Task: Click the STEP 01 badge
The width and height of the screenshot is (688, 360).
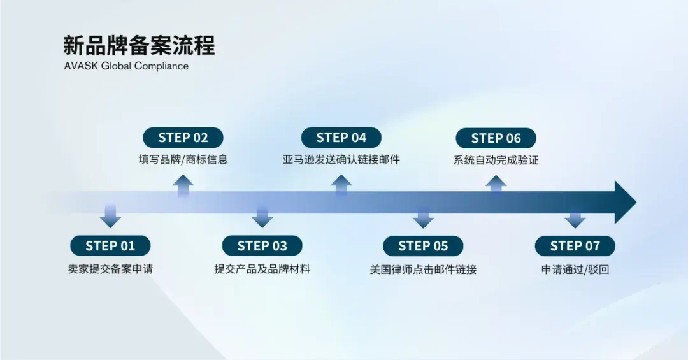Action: click(110, 246)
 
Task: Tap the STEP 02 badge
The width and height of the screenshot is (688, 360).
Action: click(183, 138)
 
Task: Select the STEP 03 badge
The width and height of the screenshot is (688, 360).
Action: click(262, 246)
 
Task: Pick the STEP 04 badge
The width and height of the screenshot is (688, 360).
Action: click(341, 138)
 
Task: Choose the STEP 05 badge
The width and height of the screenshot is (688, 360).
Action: click(423, 246)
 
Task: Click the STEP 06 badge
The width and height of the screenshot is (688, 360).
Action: click(496, 138)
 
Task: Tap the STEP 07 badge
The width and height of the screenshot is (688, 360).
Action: click(575, 246)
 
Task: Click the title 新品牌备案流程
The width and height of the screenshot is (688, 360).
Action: click(139, 46)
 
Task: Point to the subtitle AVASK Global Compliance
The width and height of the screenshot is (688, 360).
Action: click(126, 66)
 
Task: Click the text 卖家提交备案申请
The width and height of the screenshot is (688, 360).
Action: click(110, 269)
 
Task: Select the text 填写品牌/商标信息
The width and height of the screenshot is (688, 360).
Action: click(183, 159)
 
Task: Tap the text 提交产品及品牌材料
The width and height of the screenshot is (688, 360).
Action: click(262, 269)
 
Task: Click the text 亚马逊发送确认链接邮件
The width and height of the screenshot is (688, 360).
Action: click(341, 159)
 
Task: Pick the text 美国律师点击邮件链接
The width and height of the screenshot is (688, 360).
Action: click(423, 269)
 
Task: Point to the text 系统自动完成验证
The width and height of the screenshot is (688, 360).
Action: click(496, 160)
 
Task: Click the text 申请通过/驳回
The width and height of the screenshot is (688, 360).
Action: click(575, 269)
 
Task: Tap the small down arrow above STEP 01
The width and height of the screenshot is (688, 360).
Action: click(110, 217)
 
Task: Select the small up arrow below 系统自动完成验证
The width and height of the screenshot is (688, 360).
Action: click(496, 185)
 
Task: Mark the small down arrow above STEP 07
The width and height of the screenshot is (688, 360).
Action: click(575, 219)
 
